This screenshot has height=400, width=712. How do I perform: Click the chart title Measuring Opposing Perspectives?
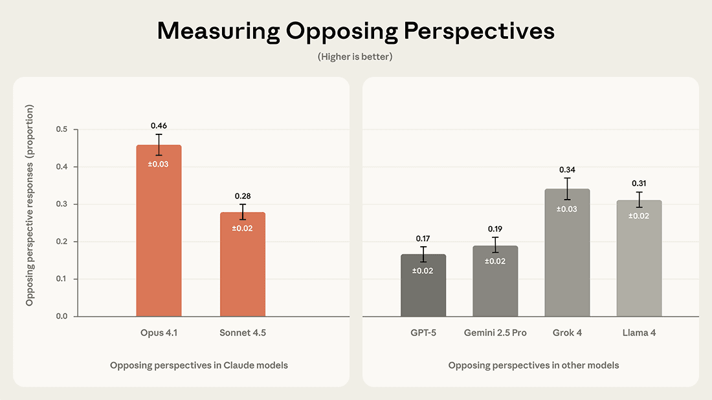click(x=355, y=31)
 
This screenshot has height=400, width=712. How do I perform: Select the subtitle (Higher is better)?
click(x=355, y=57)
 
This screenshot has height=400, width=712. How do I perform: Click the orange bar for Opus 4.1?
click(x=159, y=239)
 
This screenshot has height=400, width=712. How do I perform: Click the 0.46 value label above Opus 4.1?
click(x=159, y=125)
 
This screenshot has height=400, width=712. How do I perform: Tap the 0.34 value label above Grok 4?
click(x=567, y=169)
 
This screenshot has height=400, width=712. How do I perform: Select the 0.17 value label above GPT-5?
click(x=423, y=238)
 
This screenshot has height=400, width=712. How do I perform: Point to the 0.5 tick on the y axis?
click(x=61, y=130)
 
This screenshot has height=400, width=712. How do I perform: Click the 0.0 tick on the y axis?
click(x=61, y=317)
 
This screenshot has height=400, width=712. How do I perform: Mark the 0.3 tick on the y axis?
click(x=61, y=204)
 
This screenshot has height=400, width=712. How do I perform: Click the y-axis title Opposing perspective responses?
click(x=30, y=205)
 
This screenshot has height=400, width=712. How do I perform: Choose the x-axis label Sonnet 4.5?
click(x=243, y=333)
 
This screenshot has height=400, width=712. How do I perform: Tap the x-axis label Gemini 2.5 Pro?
click(x=495, y=333)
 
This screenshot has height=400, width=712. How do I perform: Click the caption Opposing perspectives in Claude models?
click(x=199, y=365)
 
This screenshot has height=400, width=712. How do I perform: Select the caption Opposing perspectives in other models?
click(x=533, y=365)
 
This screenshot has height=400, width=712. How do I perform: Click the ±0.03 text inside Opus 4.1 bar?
click(x=159, y=164)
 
